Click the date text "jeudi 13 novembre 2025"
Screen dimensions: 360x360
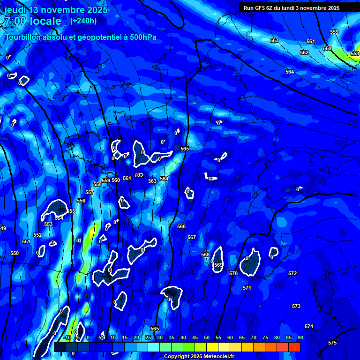(56, 10)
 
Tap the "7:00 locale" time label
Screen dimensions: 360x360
(33, 21)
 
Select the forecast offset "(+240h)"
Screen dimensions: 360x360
(83, 21)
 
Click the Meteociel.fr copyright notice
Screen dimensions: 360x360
(199, 356)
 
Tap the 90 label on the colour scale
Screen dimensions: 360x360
(300, 337)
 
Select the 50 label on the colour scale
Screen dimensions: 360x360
(207, 337)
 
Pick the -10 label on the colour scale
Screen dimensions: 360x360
(67, 337)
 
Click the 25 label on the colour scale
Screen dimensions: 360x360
(148, 337)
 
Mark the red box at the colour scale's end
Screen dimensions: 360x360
(294, 347)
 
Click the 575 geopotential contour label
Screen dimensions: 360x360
(332, 343)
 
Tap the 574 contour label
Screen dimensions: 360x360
(308, 326)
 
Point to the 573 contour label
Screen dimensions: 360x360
(296, 306)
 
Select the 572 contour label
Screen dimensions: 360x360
(292, 273)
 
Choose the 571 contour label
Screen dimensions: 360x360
(247, 288)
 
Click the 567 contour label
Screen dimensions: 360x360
(192, 237)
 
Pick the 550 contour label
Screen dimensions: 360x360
(15, 253)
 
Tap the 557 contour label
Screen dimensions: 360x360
(90, 192)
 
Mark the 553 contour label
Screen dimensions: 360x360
(48, 224)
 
